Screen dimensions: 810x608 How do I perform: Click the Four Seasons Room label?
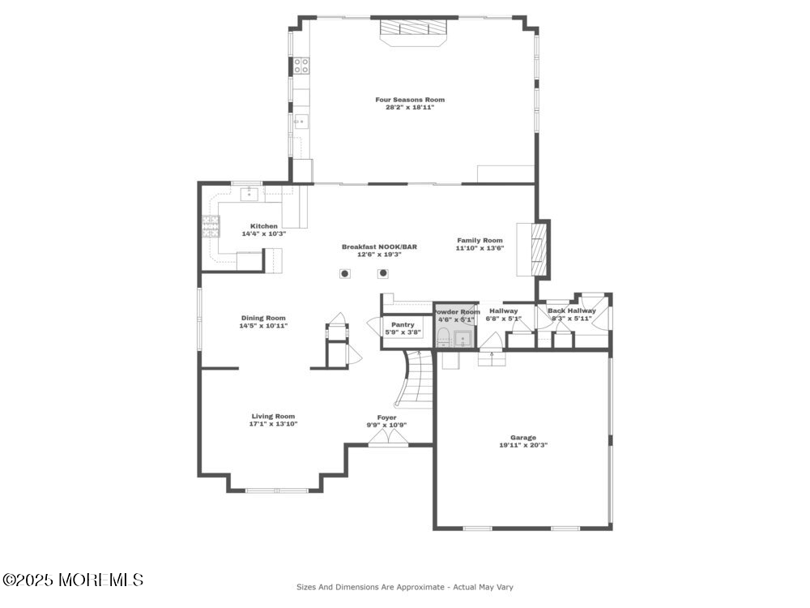coord(410,100)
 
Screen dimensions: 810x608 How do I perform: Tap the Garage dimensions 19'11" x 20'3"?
coord(523,445)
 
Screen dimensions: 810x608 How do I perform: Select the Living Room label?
coord(273,416)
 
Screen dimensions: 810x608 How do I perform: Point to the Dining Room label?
coord(263,318)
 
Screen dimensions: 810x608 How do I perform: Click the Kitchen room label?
coord(264,226)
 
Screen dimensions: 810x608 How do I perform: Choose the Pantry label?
coord(403,325)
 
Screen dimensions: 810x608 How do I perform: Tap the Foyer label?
coord(387,417)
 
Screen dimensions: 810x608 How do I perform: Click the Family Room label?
coord(480,241)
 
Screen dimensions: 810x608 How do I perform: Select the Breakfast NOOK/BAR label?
coord(379,246)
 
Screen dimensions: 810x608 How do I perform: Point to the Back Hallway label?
coord(572,310)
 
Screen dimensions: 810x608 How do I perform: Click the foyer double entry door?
coord(388,438)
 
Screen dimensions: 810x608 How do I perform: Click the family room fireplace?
coord(533,249)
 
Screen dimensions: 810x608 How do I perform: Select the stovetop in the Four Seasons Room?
coord(301,66)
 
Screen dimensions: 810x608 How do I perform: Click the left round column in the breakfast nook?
coord(345,273)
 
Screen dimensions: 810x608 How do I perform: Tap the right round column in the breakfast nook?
coord(383,273)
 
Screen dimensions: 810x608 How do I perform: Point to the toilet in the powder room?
coord(443,339)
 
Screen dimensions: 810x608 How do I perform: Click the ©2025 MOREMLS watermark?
coord(73,580)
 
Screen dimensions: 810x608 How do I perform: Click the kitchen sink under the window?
coord(249,195)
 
